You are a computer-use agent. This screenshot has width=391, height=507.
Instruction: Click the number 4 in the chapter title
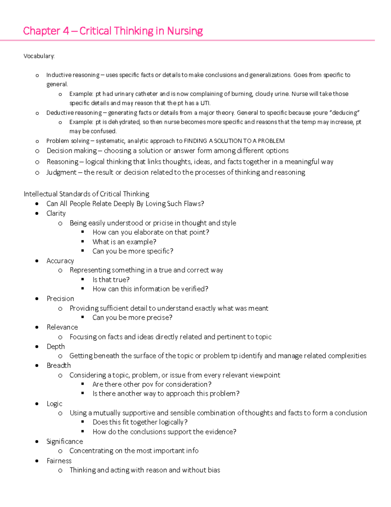[x=66, y=31]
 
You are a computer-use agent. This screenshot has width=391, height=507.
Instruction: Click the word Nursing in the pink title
[x=185, y=31]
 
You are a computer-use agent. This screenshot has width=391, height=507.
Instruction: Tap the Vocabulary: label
[x=39, y=56]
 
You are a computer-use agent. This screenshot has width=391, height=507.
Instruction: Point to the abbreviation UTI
[x=205, y=103]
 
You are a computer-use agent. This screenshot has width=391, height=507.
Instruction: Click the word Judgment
[x=62, y=172]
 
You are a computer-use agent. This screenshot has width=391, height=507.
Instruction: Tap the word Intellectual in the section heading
[x=41, y=194]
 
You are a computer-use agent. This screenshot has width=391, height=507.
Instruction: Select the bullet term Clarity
[x=56, y=213]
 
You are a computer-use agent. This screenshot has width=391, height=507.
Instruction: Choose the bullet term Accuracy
[x=60, y=261]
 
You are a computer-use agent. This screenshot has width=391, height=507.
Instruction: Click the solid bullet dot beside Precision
[x=37, y=299]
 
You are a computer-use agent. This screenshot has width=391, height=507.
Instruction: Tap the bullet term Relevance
[x=62, y=327]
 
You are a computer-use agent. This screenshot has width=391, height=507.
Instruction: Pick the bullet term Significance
[x=65, y=441]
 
